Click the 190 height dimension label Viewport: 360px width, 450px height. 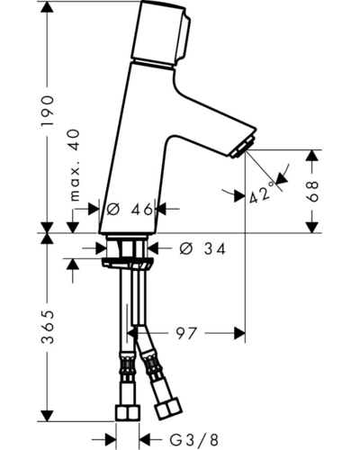pos(47,111)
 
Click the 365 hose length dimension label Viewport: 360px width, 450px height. pos(48,327)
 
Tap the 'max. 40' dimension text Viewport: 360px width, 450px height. pos(74,166)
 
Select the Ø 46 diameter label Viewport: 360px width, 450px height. pos(130,210)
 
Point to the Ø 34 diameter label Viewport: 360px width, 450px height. pos(202,248)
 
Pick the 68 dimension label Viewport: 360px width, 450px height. pos(312,192)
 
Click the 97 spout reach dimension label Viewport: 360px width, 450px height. pos(186,333)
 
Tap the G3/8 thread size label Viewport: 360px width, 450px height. pos(194,440)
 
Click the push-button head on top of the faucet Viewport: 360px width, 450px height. pos(160,34)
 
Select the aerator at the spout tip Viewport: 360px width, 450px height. pos(242,148)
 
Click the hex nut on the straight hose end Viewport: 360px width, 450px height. pos(128,412)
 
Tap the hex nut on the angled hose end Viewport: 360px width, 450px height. pos(168,408)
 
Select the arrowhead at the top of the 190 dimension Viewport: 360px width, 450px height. pos(47,6)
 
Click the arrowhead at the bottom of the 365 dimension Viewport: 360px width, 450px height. pos(47,415)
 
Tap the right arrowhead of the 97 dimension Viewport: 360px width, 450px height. pos(239,333)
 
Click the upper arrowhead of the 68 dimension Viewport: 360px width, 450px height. pos(312,156)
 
